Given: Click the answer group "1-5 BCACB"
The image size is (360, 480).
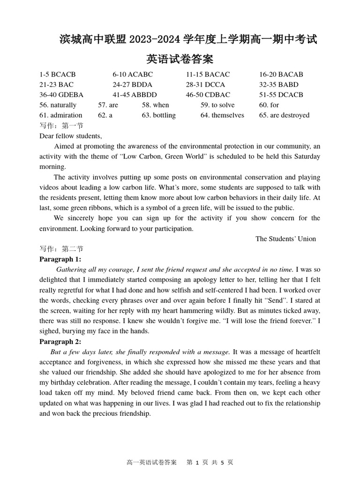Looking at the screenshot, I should point(57,75).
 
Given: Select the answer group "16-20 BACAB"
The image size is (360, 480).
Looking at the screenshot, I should point(281,75).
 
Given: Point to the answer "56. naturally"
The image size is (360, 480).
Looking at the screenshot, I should point(58,105).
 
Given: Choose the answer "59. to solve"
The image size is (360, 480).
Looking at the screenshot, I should point(217,105).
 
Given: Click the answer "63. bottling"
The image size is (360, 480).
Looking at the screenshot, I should point(159,115).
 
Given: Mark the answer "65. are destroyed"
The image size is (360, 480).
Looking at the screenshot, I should point(284,115).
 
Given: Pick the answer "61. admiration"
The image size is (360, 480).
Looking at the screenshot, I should point(61,115).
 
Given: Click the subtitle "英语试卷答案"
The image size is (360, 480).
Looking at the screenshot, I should point(180,60).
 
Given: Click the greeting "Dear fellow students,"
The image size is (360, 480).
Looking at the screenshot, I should point(71,136).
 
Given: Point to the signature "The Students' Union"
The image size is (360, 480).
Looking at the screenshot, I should point(285,239).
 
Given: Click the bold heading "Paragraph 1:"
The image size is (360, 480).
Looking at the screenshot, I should point(60,259).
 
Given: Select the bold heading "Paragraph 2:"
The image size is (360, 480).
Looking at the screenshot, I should point(60,342).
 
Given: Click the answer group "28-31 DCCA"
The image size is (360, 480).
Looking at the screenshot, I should point(205,85).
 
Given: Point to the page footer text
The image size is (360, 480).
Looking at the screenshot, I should point(180,462).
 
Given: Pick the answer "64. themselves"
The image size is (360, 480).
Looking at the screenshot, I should point(222,115).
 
